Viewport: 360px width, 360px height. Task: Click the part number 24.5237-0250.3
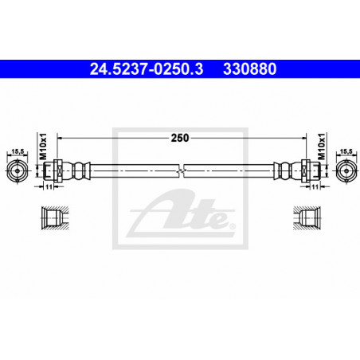tap(147, 69)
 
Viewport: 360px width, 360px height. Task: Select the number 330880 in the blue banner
tap(250, 69)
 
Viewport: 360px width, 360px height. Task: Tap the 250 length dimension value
tap(180, 138)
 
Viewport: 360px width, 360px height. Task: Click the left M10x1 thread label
tap(43, 147)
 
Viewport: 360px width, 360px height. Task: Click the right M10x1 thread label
tap(322, 147)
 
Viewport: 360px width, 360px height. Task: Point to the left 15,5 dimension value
tap(18, 151)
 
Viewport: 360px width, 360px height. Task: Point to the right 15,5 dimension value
tap(346, 151)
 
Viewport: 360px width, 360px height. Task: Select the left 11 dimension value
tap(49, 187)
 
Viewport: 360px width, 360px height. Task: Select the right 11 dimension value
tap(315, 187)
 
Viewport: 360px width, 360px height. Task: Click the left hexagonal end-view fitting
tap(18, 170)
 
